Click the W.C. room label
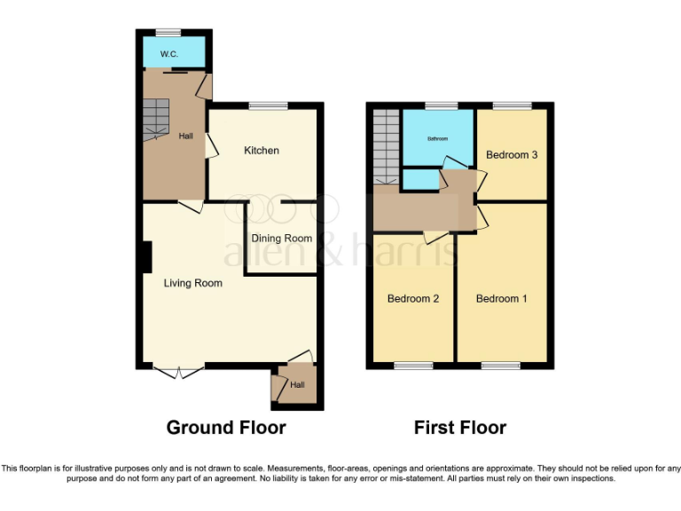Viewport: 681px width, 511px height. [x=168, y=55]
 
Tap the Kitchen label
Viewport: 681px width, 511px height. [x=262, y=150]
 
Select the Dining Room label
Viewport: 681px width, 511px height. [x=281, y=238]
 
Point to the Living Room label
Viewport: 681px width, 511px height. [x=192, y=283]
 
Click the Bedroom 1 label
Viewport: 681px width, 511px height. [x=501, y=299]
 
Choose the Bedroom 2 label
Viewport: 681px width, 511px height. [x=413, y=299]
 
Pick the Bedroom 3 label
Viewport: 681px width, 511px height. [x=512, y=155]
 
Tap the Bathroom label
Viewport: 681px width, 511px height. [x=438, y=138]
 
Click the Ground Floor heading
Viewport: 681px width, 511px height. [x=226, y=428]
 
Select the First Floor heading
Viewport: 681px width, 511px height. [x=460, y=428]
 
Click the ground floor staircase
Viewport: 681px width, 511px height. [x=156, y=116]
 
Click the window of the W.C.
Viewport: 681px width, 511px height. [x=168, y=33]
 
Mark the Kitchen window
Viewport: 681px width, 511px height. [x=268, y=106]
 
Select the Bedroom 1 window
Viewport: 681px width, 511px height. [x=501, y=366]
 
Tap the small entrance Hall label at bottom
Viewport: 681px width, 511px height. [x=298, y=385]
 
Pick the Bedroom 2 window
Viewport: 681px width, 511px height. [x=413, y=366]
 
